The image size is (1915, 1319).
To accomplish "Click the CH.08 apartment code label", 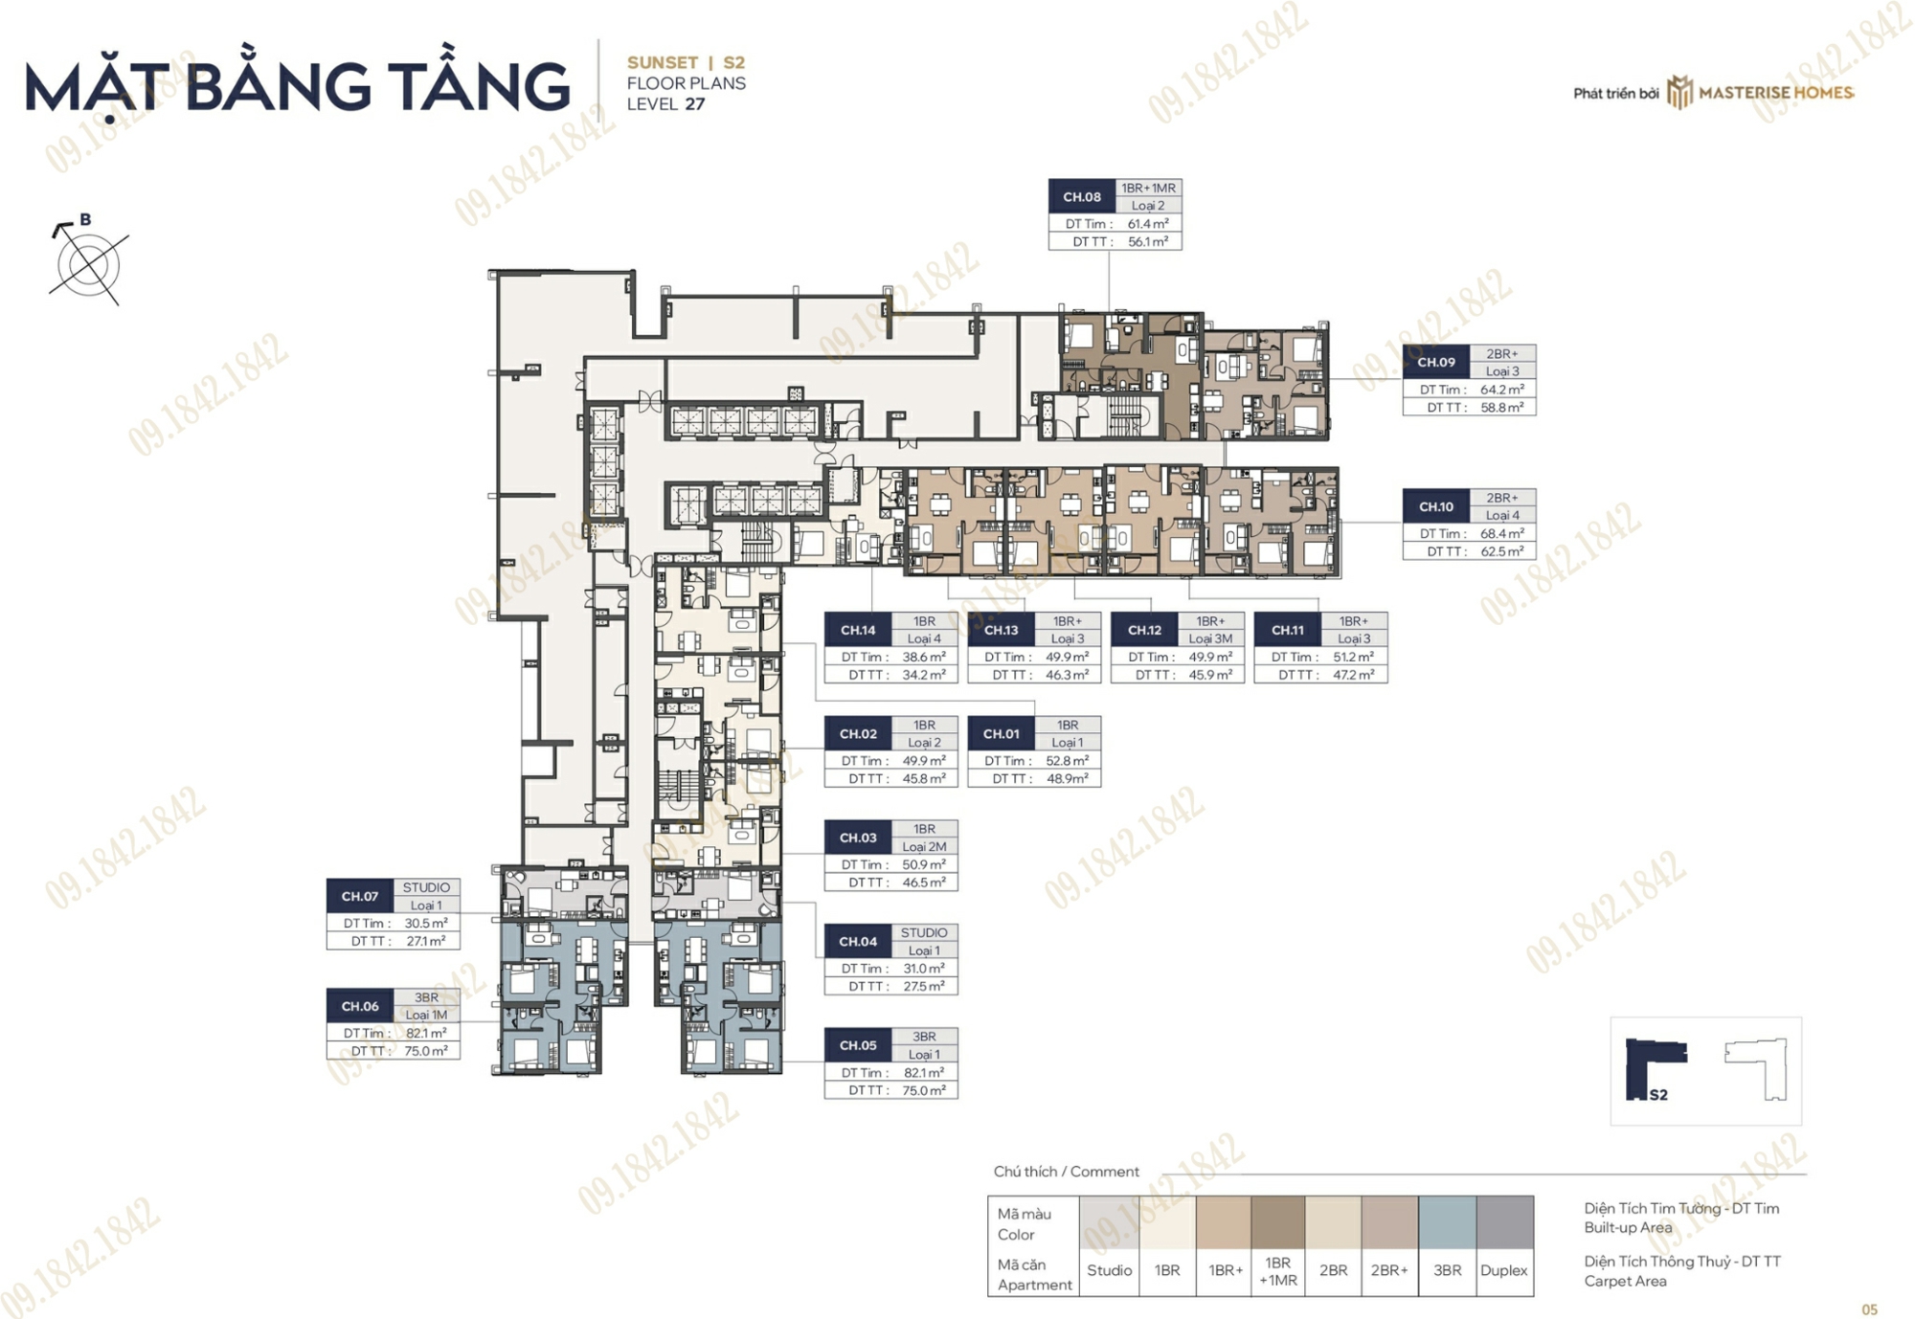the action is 1082,196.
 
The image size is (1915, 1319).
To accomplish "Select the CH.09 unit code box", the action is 1436,362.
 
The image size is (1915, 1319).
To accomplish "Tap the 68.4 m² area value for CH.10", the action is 1502,533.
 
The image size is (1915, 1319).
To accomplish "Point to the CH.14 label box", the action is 858,630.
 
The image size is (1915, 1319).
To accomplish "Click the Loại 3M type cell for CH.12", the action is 1211,638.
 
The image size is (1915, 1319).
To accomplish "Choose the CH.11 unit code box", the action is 1288,630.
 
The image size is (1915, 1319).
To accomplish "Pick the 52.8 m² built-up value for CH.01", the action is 1068,761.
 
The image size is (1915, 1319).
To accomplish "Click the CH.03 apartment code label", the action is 858,838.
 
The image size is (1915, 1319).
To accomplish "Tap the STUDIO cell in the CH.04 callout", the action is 924,932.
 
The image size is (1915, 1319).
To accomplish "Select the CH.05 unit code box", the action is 858,1045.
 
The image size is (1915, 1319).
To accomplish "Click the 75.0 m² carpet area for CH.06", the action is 426,1051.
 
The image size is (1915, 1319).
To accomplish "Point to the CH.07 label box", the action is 360,896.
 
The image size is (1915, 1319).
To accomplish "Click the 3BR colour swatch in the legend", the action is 1447,1222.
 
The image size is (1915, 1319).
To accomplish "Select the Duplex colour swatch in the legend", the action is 1504,1222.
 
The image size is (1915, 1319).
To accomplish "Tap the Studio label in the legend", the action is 1110,1270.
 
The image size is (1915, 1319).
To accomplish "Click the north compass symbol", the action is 87,260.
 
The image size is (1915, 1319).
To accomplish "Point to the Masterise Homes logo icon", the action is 1679,92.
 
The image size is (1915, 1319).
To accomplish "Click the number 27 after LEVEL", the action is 695,104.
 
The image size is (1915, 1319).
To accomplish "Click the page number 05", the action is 1870,1309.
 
